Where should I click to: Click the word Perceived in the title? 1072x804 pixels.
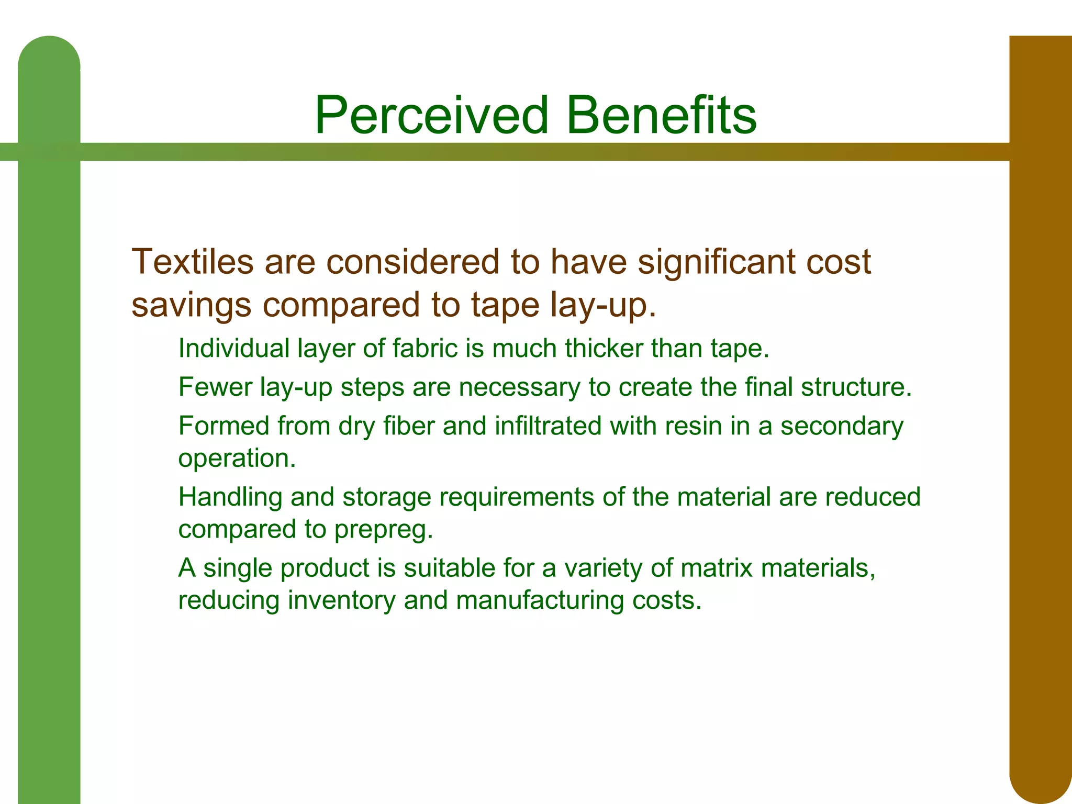(x=432, y=115)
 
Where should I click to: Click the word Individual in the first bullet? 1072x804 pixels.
(x=233, y=349)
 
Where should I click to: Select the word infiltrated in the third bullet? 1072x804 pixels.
(x=548, y=426)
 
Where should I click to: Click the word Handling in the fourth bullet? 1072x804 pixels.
(x=230, y=497)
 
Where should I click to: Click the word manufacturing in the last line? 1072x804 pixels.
(x=540, y=600)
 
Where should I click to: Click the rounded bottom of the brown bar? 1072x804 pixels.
(x=1040, y=780)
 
